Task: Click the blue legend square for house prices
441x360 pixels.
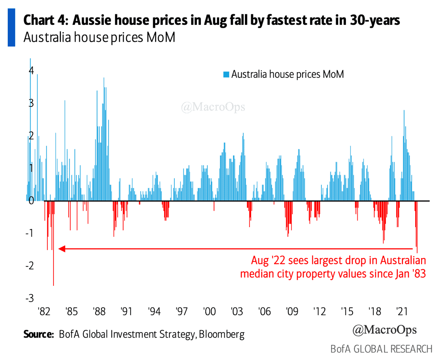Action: click(226, 75)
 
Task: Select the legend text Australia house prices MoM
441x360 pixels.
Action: click(287, 75)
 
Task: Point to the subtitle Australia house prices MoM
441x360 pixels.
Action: click(99, 38)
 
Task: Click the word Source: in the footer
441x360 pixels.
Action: click(39, 335)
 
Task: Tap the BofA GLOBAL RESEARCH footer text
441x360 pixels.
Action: click(381, 349)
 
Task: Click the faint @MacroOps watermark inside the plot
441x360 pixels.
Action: click(213, 107)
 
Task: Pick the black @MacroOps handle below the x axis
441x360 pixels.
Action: click(384, 329)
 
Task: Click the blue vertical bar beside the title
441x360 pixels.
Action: click(11, 27)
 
